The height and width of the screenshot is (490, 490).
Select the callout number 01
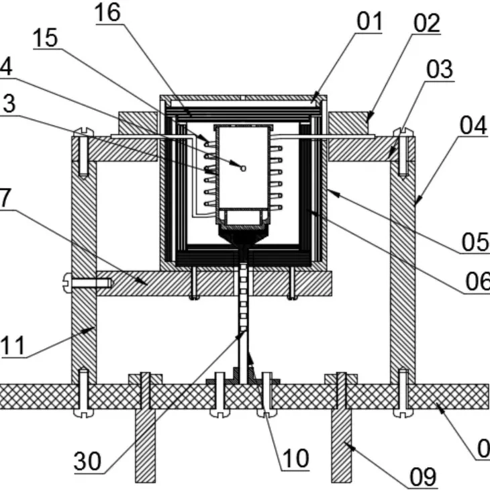point(369,21)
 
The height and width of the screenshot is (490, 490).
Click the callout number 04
point(475,126)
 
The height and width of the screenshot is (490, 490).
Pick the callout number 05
point(475,242)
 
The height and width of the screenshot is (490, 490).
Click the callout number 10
point(295,458)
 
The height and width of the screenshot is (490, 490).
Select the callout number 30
point(87,462)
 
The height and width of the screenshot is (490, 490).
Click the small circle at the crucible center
point(244,168)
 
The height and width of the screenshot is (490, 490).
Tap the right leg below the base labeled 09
point(344,443)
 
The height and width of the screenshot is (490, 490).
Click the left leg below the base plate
point(146,443)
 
